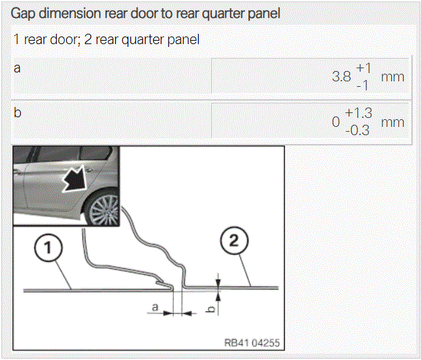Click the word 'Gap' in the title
(x=23, y=14)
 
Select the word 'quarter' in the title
(x=223, y=14)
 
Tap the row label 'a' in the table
(x=17, y=68)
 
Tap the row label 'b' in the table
(x=17, y=112)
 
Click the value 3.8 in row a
(x=341, y=77)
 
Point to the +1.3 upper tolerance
(x=358, y=113)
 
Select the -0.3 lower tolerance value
(x=358, y=130)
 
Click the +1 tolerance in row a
(x=363, y=68)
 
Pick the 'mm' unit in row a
(x=393, y=77)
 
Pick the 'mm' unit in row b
(x=393, y=123)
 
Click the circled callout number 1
(x=48, y=247)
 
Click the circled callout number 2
(x=234, y=241)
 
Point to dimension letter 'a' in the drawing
(x=155, y=307)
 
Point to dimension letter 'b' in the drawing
(x=212, y=309)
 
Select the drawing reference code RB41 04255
(x=252, y=343)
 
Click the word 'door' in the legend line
(x=63, y=40)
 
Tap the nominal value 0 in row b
(x=335, y=122)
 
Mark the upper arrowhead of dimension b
(x=218, y=283)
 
